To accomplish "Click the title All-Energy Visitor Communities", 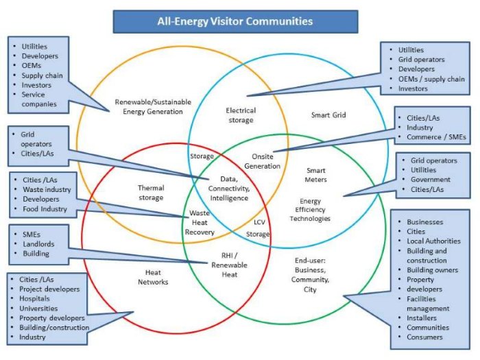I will (x=235, y=21).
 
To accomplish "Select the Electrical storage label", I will (x=241, y=115).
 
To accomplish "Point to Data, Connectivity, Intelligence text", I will (x=228, y=189).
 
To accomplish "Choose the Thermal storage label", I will (x=150, y=193).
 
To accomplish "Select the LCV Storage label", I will (x=258, y=228).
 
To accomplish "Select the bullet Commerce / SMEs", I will (x=436, y=137).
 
